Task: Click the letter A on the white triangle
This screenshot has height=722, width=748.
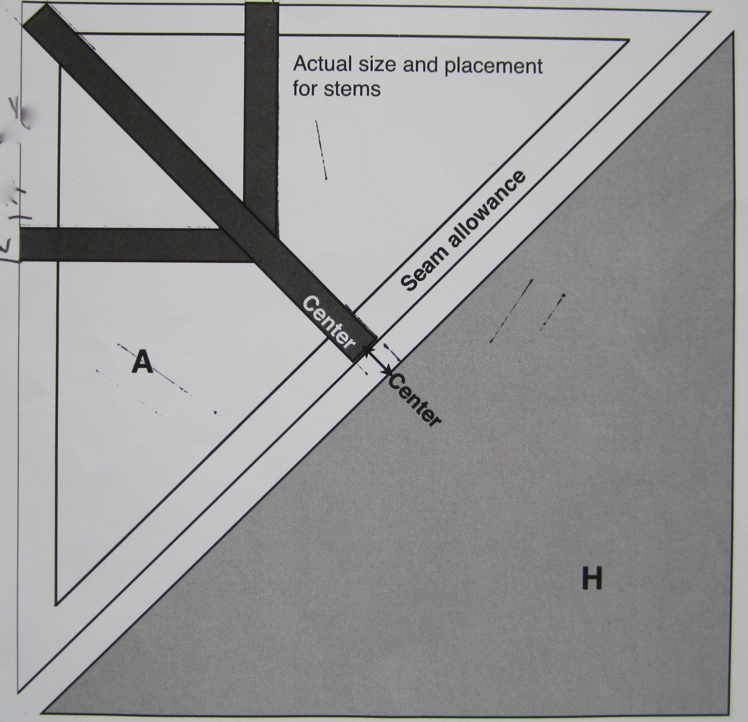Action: pos(142,362)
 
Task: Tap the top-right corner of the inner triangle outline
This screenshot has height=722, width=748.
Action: pos(628,41)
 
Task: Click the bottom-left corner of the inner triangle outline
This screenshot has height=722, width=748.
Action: pos(56,604)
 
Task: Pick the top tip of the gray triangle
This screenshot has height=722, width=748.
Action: pos(732,33)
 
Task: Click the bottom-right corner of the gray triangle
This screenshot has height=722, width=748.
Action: pos(730,714)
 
